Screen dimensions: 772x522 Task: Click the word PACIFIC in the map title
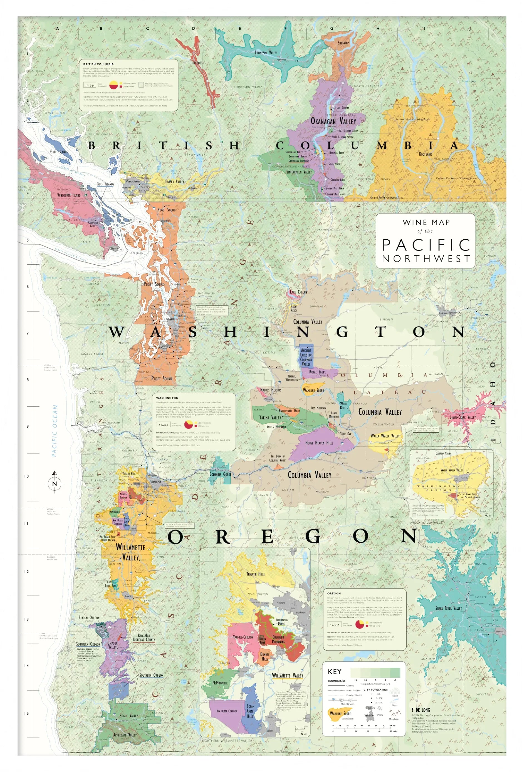coord(426,245)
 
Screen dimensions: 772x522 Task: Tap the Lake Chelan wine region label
coord(298,292)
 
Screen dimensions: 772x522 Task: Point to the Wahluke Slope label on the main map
coord(313,390)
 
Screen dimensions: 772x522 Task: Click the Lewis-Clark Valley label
coord(462,417)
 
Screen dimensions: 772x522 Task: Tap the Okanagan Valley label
coord(333,121)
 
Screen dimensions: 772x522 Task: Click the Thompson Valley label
coord(266,53)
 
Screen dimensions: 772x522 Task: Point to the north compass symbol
coord(55,483)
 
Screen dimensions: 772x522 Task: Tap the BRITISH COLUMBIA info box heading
coord(98,64)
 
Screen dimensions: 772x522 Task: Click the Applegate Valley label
coord(125,735)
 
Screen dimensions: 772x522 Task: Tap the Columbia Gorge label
coord(220,474)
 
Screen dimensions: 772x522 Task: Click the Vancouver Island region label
coord(68,195)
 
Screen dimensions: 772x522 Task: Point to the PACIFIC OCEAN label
coord(55,431)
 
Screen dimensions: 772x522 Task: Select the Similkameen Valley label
coord(299,172)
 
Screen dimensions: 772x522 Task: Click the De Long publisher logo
coord(421,710)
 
